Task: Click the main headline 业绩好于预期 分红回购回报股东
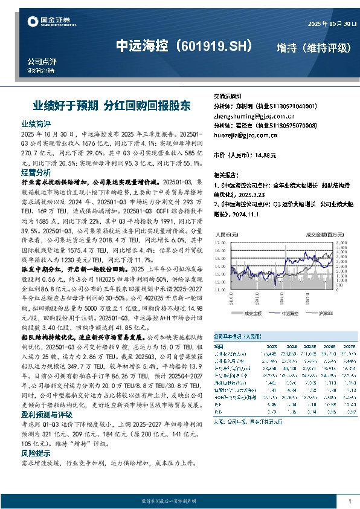tap(111, 105)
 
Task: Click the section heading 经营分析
tap(32, 173)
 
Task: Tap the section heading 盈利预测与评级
tap(40, 415)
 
